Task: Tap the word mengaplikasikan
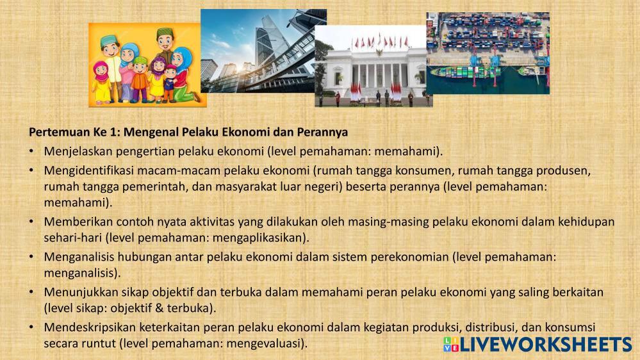click(261, 238)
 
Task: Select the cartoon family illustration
click(147, 65)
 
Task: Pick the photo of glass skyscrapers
click(263, 51)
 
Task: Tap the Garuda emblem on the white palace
click(379, 53)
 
